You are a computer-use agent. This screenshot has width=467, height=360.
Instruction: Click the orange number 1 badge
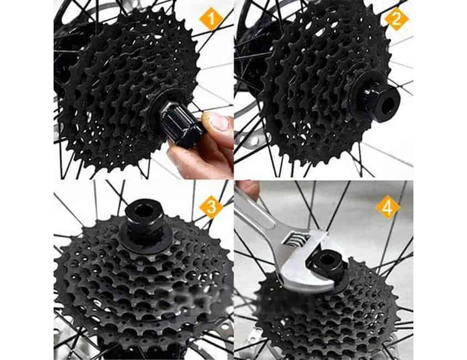pos(211,18)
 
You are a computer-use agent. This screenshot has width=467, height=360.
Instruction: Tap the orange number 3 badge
pos(211,206)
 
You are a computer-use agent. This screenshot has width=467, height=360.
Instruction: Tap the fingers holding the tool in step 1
pos(207,149)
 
